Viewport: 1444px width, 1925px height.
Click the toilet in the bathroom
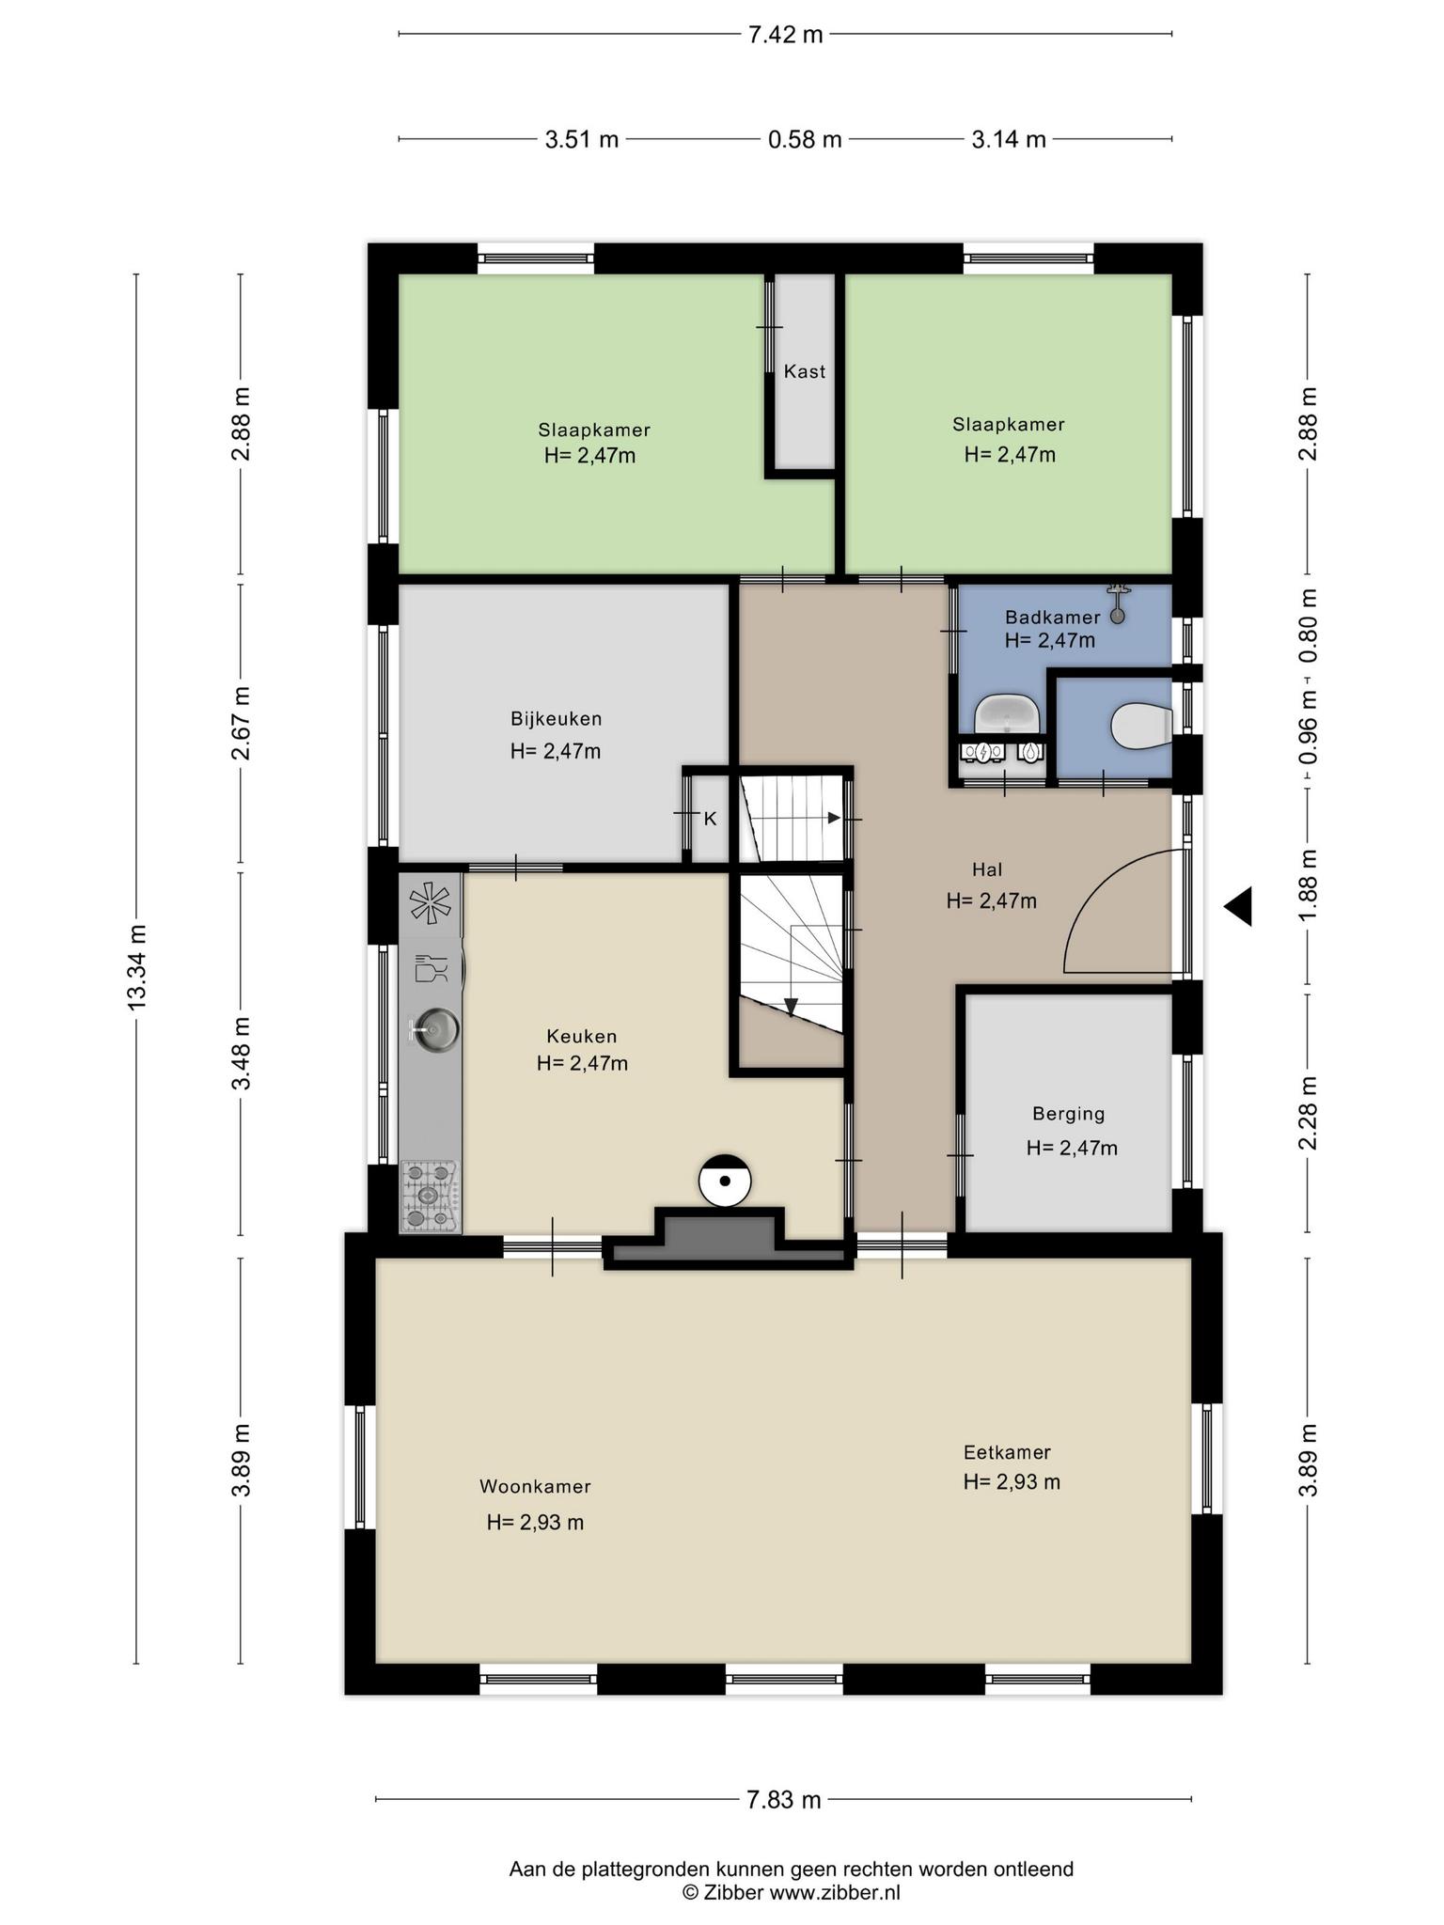pyautogui.click(x=1141, y=725)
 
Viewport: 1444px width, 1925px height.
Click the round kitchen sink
pyautogui.click(x=434, y=1028)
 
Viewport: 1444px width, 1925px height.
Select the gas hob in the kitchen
pyautogui.click(x=430, y=1196)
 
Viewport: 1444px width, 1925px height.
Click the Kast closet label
pyautogui.click(x=805, y=371)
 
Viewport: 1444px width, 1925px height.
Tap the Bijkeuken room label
pyautogui.click(x=557, y=719)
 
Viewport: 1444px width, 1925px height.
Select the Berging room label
pyautogui.click(x=1069, y=1114)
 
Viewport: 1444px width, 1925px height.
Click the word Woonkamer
pyautogui.click(x=535, y=1486)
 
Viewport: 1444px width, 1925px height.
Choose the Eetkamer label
pyautogui.click(x=1007, y=1452)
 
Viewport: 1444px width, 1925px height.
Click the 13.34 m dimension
pyautogui.click(x=137, y=968)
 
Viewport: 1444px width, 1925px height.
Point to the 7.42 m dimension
pyautogui.click(x=785, y=35)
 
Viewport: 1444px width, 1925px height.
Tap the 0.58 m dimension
pyautogui.click(x=805, y=140)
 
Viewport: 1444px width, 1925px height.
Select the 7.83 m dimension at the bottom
pyautogui.click(x=784, y=1800)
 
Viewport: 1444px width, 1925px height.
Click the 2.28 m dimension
pyautogui.click(x=1308, y=1113)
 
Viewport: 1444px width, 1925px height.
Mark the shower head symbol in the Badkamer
pyautogui.click(x=1118, y=603)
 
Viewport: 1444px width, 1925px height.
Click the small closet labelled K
pyautogui.click(x=710, y=818)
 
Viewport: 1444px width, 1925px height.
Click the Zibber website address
pyautogui.click(x=835, y=1893)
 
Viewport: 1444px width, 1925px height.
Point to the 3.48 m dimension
pyautogui.click(x=242, y=1053)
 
